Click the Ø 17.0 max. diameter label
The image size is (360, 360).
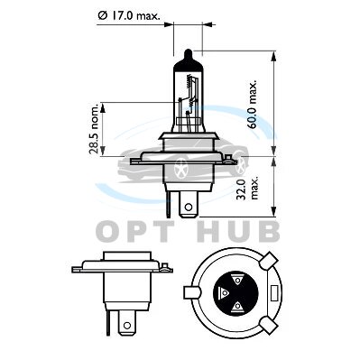(x=129, y=15)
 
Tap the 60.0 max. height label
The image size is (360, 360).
(x=253, y=104)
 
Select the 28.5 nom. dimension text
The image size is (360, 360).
(x=95, y=129)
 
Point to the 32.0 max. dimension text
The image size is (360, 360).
(x=245, y=189)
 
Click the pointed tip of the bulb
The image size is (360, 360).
(x=189, y=51)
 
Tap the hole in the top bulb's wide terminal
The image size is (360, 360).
(x=189, y=208)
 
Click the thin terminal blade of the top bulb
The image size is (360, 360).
(x=168, y=204)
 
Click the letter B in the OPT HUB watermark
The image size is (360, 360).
(x=268, y=232)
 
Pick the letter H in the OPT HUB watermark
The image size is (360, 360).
(x=211, y=232)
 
